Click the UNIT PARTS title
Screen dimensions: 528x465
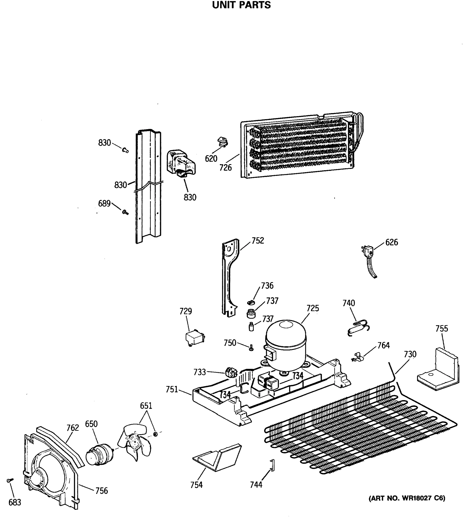coord(241,5)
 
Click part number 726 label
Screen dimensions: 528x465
coord(225,168)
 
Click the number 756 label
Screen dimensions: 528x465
coord(101,491)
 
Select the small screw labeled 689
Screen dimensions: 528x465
coord(125,212)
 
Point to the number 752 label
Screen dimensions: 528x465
coord(258,240)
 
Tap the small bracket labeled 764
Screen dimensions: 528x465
coord(357,357)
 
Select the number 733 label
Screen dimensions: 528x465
coord(200,372)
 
